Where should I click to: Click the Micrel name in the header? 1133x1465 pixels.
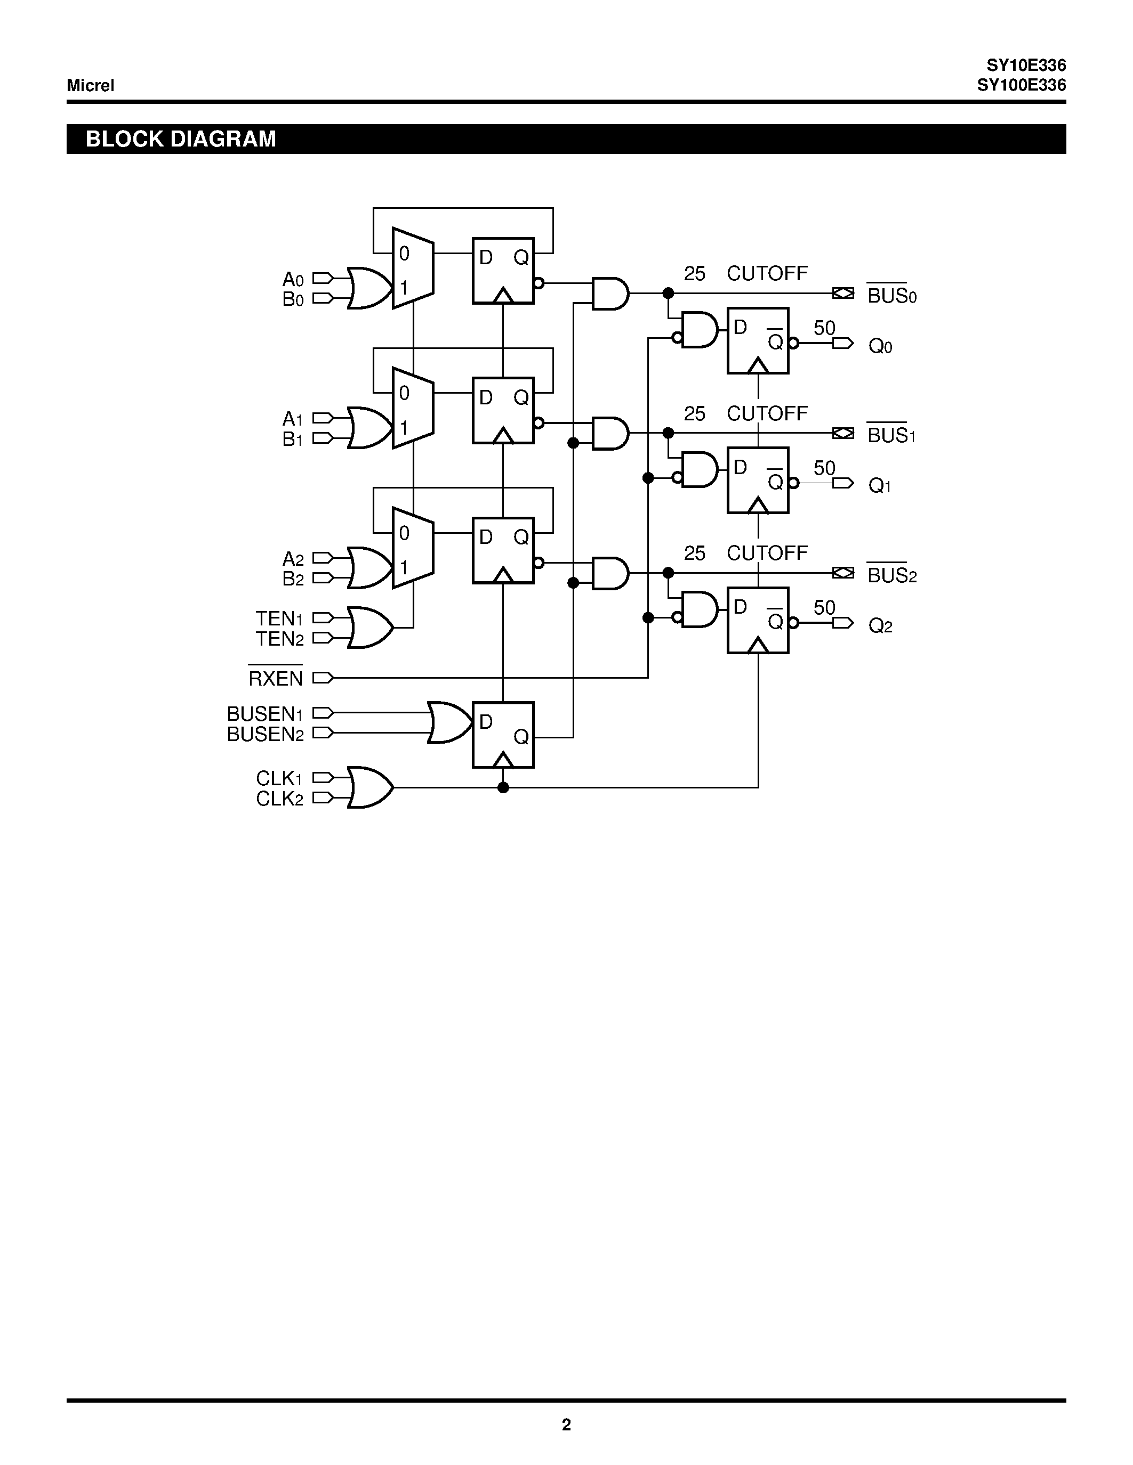click(x=90, y=85)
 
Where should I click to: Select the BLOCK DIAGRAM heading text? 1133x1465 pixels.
click(x=181, y=139)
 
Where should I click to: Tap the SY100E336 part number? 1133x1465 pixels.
click(x=1021, y=86)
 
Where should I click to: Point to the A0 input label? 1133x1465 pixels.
click(x=293, y=279)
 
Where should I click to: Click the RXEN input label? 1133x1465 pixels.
click(x=275, y=678)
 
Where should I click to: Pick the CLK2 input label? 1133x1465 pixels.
click(x=279, y=799)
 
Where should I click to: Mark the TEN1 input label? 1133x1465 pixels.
click(x=279, y=618)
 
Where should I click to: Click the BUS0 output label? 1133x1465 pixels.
click(x=891, y=295)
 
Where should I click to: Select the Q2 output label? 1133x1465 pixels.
click(x=880, y=626)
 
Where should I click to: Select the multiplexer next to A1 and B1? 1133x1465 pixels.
click(x=413, y=408)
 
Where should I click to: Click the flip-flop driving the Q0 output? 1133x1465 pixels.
click(x=758, y=341)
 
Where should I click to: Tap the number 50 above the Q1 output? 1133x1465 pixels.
click(x=824, y=468)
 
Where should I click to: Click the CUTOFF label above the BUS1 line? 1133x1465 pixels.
click(x=767, y=414)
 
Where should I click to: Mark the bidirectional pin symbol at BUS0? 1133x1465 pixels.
click(x=843, y=293)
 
